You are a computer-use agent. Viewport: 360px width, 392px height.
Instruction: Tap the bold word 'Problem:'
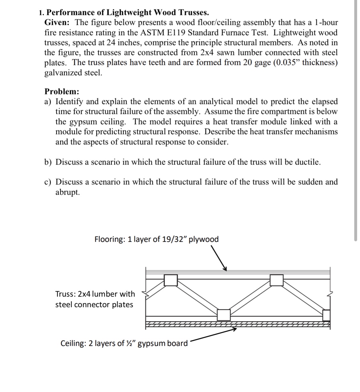click(x=62, y=92)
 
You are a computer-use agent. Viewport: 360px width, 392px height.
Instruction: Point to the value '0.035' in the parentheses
click(x=285, y=62)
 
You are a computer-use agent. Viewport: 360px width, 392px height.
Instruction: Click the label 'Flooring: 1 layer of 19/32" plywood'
click(x=156, y=239)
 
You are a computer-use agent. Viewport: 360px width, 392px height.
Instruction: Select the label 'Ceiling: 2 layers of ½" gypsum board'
click(x=124, y=343)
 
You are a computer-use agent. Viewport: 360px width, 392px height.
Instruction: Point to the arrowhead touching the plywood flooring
click(x=226, y=268)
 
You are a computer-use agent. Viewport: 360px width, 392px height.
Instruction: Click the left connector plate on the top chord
click(x=171, y=280)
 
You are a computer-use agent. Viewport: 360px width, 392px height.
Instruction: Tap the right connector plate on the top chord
click(x=276, y=280)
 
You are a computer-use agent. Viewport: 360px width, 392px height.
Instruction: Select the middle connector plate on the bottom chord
click(x=224, y=315)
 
